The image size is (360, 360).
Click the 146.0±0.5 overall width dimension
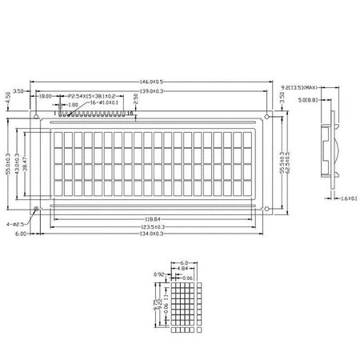click(x=153, y=82)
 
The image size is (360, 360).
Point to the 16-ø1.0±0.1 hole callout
click(x=103, y=102)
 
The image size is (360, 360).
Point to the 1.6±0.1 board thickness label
click(x=346, y=197)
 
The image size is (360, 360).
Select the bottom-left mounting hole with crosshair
click(x=38, y=210)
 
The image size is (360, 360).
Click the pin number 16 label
click(x=130, y=114)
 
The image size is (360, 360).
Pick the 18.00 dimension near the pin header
click(x=45, y=96)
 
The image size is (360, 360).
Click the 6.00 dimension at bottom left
click(x=20, y=234)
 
